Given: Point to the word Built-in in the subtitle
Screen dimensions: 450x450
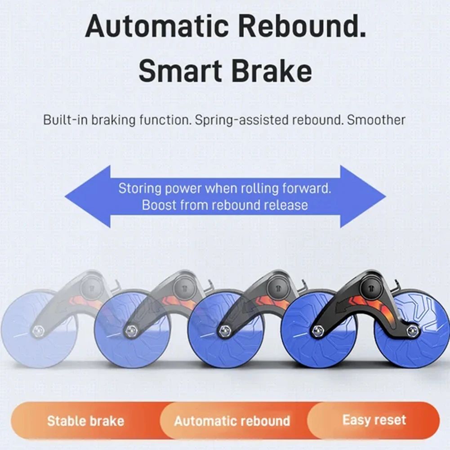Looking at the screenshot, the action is [66, 120].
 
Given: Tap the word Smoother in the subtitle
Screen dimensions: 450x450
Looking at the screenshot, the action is [376, 120].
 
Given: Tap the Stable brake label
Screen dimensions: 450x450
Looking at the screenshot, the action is [85, 421].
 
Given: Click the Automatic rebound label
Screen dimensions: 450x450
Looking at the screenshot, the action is [232, 421].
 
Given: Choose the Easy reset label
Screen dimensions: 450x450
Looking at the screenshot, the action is [374, 420].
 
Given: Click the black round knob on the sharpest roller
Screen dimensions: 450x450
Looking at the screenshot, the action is [371, 285].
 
